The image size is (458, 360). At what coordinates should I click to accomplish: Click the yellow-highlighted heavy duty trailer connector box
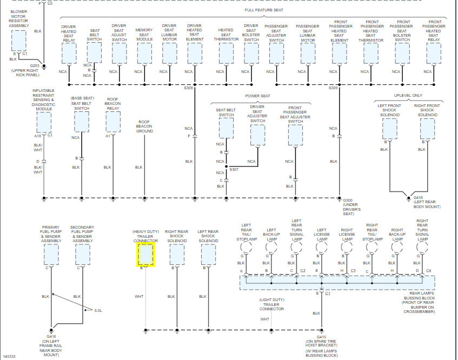point(145,254)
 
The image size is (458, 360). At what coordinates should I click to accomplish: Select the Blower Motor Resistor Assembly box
point(19,40)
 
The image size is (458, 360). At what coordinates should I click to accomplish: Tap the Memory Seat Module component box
point(144,54)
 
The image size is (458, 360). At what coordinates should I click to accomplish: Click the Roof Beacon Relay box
point(112,122)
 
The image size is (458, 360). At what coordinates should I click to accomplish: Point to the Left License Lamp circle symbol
point(322,246)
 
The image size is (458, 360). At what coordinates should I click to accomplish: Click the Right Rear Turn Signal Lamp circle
point(422,246)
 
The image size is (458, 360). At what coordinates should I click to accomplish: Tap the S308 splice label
point(188,88)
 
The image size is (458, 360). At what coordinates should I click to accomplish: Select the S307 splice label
point(234,170)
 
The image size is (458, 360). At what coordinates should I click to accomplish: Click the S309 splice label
point(333,88)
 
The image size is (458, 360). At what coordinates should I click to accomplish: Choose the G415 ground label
point(322,337)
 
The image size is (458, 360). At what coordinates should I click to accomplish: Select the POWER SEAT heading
point(257,96)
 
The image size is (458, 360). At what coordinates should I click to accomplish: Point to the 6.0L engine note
point(98,310)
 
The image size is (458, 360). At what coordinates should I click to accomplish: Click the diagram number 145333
point(9,356)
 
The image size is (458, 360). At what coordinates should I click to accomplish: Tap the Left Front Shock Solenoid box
point(389,129)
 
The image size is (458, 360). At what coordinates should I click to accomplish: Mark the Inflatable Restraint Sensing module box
point(43,122)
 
